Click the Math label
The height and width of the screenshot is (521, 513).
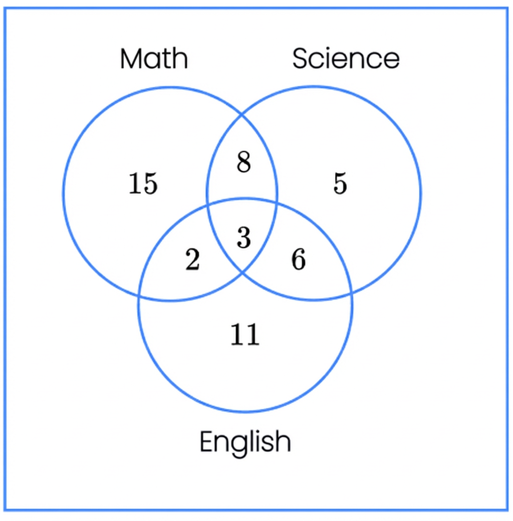pyautogui.click(x=154, y=59)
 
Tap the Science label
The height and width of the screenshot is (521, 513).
pyautogui.click(x=346, y=59)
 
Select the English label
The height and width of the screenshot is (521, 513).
pyautogui.click(x=245, y=442)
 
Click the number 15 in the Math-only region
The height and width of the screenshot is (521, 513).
pyautogui.click(x=143, y=183)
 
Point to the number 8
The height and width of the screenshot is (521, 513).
pyautogui.click(x=243, y=162)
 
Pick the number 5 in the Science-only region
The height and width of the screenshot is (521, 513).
pyautogui.click(x=340, y=183)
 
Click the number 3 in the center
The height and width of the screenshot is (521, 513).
pyautogui.click(x=243, y=237)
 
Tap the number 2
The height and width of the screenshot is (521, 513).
pyautogui.click(x=193, y=259)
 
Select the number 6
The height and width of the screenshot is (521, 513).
pyautogui.click(x=299, y=259)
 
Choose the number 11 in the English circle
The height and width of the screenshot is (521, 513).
pyautogui.click(x=245, y=334)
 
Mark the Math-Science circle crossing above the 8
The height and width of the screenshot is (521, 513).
pyautogui.click(x=241, y=115)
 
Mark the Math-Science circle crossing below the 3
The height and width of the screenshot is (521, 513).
pyautogui.click(x=242, y=273)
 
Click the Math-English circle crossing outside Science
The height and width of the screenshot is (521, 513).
pyautogui.click(x=139, y=296)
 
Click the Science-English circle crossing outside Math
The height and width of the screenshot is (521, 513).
pyautogui.click(x=351, y=294)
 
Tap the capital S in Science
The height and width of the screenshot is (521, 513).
pyautogui.click(x=301, y=59)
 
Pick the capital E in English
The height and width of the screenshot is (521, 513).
pyautogui.click(x=206, y=441)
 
